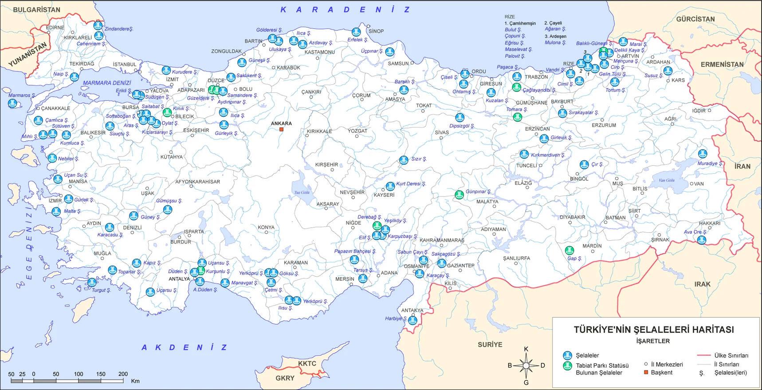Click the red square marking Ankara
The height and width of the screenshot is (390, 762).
point(281,130)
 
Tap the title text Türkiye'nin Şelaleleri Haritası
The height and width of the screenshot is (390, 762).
point(653,330)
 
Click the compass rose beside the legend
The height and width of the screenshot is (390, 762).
point(526,366)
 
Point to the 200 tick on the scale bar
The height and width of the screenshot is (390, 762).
point(123,374)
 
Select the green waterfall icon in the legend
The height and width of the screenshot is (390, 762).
point(567,366)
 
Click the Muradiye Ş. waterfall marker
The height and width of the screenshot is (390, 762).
point(703,154)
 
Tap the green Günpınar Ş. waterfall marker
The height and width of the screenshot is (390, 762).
point(460,194)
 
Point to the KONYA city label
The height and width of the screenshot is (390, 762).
point(266,227)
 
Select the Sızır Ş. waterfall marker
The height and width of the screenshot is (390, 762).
point(404,160)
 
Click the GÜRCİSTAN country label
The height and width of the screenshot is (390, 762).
point(695,19)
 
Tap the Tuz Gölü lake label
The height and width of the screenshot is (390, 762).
point(302,192)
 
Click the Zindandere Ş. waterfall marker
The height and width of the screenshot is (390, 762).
point(98,26)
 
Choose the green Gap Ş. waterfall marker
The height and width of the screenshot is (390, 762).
point(570,251)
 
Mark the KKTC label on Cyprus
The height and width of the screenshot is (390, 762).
point(307,363)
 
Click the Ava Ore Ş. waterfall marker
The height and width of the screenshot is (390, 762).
point(701,240)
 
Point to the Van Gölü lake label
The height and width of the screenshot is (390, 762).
point(666,180)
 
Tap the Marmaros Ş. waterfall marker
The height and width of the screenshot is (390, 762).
point(13,103)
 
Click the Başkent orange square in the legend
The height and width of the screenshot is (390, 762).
point(646,372)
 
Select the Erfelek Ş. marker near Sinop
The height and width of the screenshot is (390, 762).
point(356,32)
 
